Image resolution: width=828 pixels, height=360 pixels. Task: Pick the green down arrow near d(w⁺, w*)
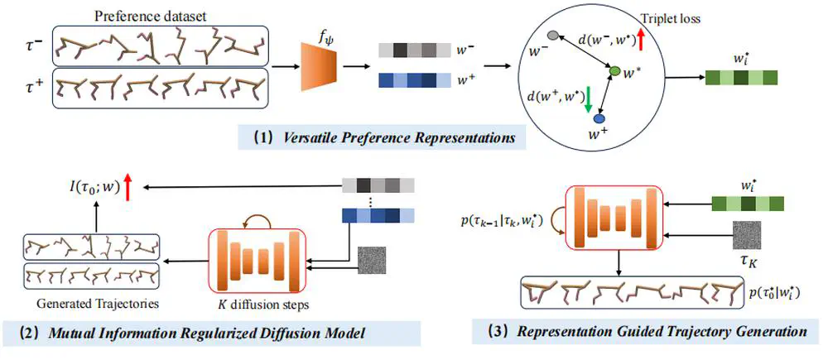(589, 100)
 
